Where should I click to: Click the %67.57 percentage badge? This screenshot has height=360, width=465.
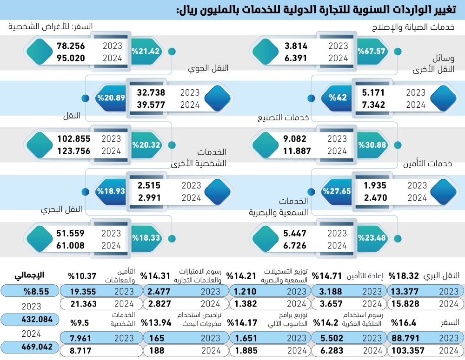click(x=372, y=51)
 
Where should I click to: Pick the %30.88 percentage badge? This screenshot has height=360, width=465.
click(x=372, y=144)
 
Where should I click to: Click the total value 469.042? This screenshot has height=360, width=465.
click(x=30, y=348)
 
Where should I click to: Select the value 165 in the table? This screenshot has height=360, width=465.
click(x=158, y=338)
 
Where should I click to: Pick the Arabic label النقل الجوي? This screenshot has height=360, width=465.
click(x=208, y=68)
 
